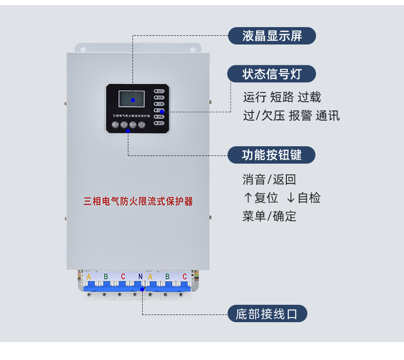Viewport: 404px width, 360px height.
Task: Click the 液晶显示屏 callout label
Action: [272, 36]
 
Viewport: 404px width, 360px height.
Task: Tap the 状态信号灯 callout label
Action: [272, 74]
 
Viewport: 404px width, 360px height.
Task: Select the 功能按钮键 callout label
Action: [272, 154]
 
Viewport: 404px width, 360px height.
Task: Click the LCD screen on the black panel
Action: [131, 99]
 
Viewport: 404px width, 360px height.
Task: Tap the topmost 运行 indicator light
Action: [160, 91]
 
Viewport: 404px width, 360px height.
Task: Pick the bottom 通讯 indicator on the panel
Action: [160, 123]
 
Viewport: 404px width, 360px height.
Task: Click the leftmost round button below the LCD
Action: [116, 124]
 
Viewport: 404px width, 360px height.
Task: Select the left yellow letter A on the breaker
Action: [88, 277]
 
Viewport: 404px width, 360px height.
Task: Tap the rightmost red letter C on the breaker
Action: [185, 277]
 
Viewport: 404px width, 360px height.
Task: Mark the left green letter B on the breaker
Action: [106, 277]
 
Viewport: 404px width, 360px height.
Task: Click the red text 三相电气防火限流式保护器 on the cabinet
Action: [138, 201]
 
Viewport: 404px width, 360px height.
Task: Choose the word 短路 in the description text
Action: [282, 97]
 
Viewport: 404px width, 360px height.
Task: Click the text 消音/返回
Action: [269, 179]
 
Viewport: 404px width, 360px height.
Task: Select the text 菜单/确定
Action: [269, 216]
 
